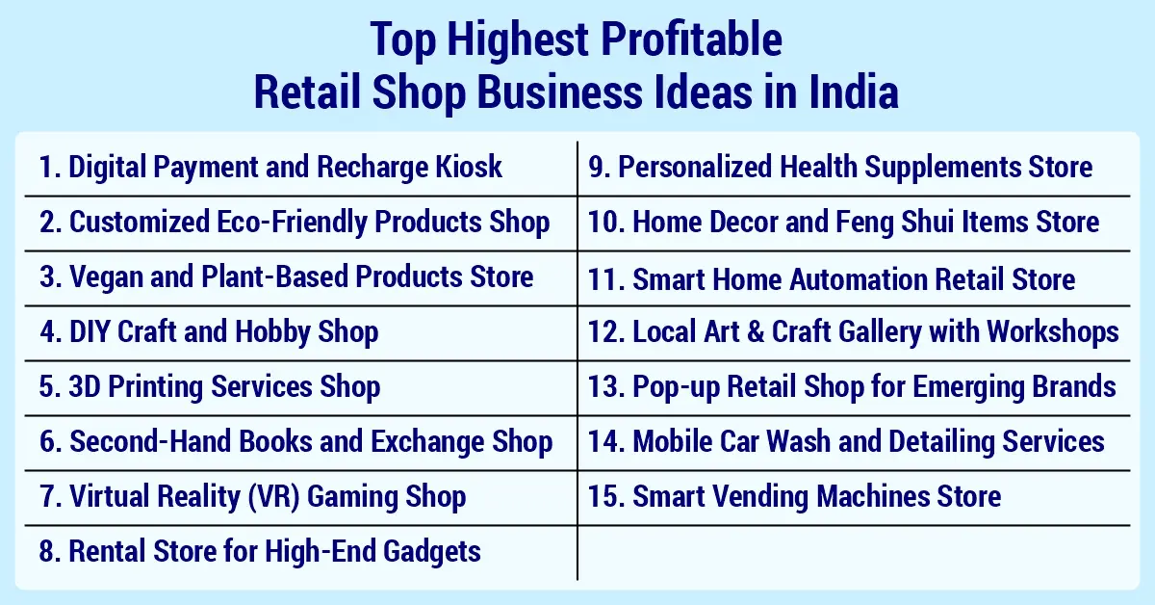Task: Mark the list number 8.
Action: pos(48,552)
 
